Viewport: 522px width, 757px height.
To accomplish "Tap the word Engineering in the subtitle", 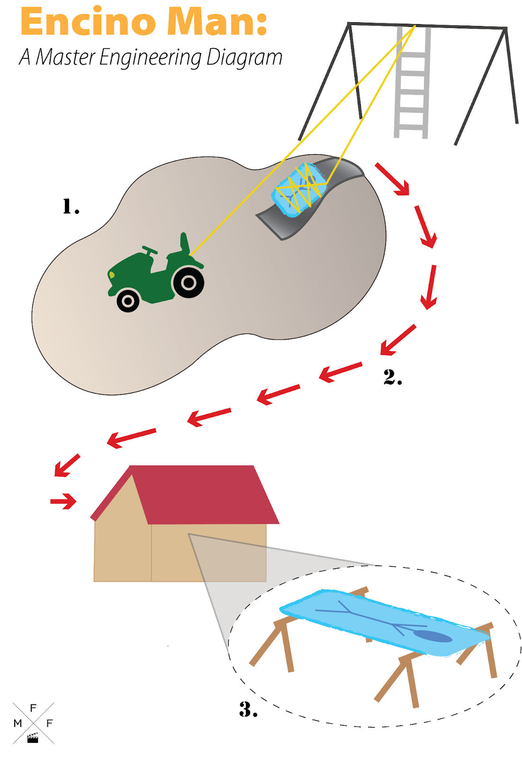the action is click(150, 58).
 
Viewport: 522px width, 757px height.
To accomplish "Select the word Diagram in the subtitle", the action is click(243, 58).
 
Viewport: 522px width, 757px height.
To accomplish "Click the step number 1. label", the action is click(71, 206).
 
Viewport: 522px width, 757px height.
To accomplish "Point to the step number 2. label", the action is click(392, 377).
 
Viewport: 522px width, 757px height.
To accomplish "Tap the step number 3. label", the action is click(248, 710).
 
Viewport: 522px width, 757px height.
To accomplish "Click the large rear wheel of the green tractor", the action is click(188, 282).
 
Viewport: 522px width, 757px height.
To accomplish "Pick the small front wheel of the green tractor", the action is click(128, 300).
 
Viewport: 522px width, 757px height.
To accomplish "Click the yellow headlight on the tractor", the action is click(112, 275).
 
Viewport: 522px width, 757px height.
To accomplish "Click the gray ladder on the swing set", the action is click(412, 82).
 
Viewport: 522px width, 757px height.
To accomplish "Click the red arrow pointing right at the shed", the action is click(63, 501).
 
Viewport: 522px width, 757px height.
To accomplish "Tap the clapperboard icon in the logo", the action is click(33, 738).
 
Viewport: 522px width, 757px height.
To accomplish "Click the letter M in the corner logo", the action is click(18, 723).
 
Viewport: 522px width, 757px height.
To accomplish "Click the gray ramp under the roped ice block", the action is click(310, 198).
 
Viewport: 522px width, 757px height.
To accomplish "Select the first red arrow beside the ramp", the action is click(392, 179).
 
